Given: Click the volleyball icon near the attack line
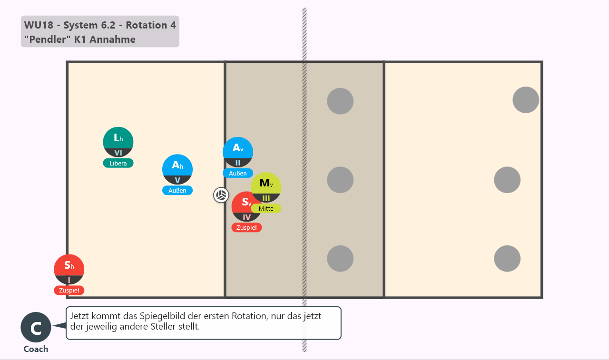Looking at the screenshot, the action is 221,195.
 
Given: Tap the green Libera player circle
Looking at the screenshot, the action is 118,142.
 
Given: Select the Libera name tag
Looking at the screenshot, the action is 118,163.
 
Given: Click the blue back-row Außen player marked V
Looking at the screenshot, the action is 177,170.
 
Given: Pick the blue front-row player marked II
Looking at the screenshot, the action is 238,152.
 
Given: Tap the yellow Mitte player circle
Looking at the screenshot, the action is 266,187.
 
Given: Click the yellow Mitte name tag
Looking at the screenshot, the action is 266,208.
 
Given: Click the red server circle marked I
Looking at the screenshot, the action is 69,269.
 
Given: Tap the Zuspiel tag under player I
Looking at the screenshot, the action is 69,290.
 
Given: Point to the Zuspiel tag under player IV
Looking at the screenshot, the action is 246,227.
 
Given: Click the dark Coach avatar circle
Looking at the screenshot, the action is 36,327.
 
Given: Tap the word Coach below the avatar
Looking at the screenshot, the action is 36,349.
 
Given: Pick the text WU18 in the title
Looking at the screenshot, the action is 39,25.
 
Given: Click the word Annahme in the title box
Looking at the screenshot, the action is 113,39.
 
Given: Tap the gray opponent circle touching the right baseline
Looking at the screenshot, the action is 526,100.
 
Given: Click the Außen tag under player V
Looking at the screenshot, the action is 177,190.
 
